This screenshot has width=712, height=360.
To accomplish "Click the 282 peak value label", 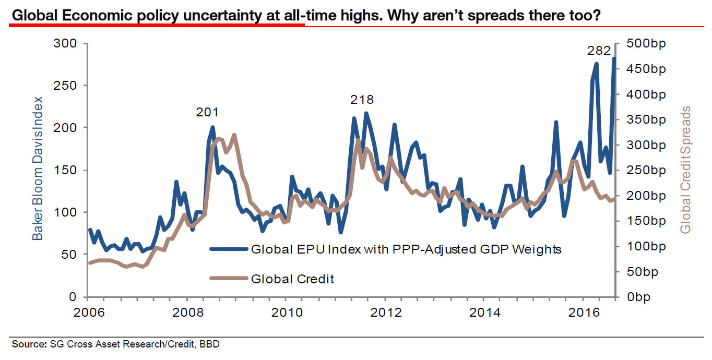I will (599, 51).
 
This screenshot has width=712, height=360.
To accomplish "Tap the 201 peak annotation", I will (207, 112).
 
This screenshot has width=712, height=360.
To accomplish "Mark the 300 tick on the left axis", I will (65, 44).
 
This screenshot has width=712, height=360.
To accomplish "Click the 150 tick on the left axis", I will (65, 170).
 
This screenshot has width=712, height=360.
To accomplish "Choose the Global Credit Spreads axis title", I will (686, 170).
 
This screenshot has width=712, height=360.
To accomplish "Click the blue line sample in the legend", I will (228, 249).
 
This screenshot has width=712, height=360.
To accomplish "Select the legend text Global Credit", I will (292, 279).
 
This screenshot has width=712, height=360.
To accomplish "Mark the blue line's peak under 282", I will (614, 58).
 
